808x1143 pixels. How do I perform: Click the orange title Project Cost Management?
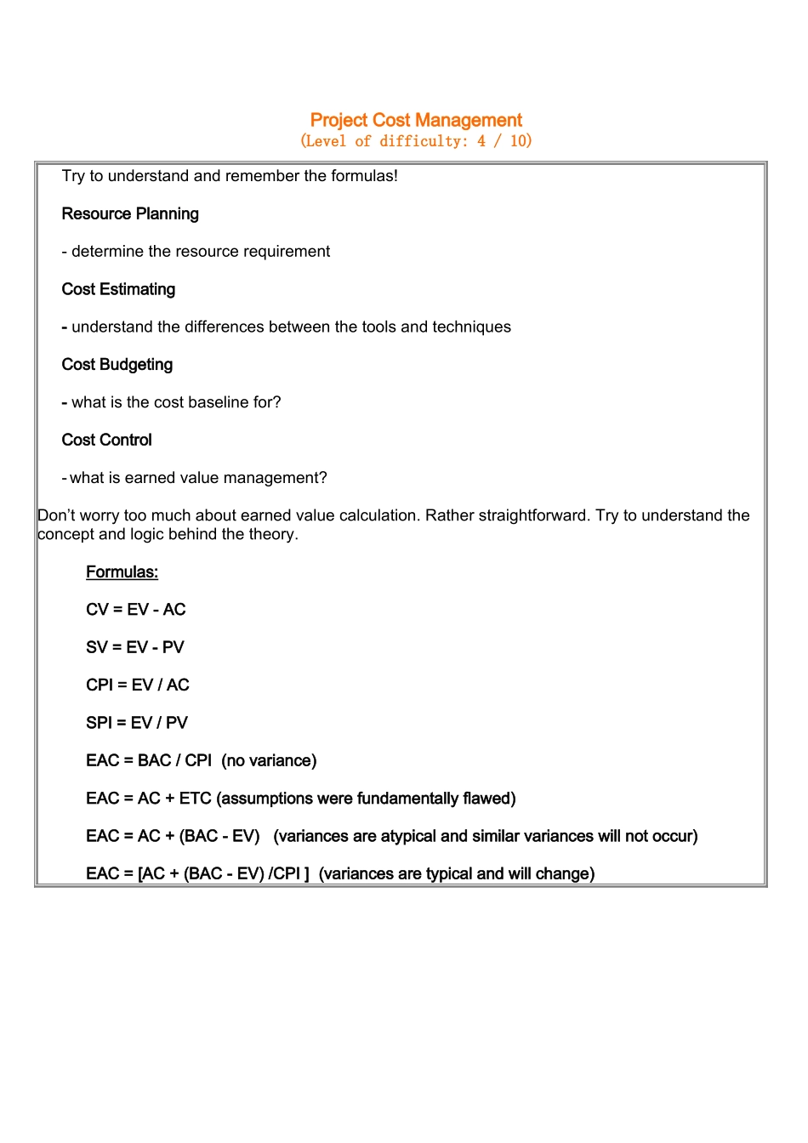[416, 120]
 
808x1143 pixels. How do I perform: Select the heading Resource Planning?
[130, 213]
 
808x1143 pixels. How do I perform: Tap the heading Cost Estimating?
[118, 289]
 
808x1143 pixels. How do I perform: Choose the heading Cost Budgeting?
[117, 365]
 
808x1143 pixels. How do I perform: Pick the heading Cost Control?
[107, 440]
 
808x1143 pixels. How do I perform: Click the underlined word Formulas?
[122, 572]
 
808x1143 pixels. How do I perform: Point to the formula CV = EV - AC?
[136, 610]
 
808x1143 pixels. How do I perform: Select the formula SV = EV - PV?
[135, 647]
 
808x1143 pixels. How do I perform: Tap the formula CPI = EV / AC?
[138, 685]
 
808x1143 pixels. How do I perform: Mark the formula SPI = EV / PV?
[137, 723]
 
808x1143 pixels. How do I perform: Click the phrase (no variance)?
[269, 760]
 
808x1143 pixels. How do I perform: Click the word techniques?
[471, 327]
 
